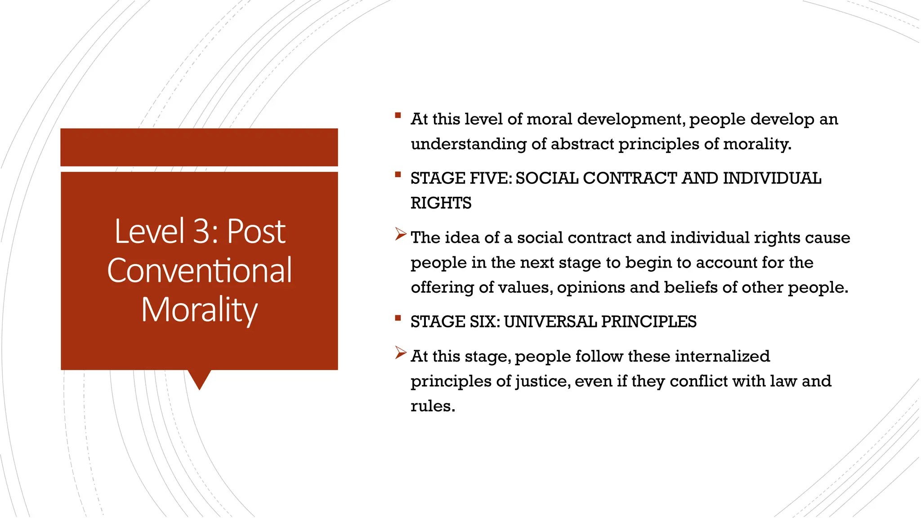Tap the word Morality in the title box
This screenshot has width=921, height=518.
pos(200,310)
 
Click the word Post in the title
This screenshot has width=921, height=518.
pos(256,231)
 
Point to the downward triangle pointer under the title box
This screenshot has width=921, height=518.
pos(199,379)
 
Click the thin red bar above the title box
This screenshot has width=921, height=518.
pos(199,147)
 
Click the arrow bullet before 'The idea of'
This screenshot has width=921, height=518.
pos(400,234)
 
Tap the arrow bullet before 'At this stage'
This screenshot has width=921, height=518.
pos(400,353)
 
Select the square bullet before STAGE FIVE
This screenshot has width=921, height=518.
pos(398,174)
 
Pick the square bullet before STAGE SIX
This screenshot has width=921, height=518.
pos(398,318)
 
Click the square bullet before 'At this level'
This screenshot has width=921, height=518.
pos(398,115)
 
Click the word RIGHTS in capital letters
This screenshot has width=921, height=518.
pos(441,203)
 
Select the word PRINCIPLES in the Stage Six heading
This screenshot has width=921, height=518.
pos(648,322)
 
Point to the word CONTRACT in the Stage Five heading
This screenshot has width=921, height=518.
pos(630,179)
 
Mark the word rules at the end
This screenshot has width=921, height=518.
pos(432,406)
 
